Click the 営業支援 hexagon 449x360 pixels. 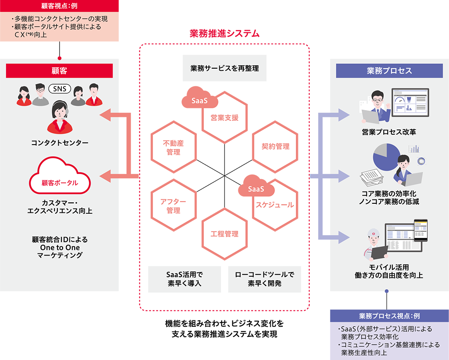224,117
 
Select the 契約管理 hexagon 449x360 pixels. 275,146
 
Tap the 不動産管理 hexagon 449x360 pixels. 174,147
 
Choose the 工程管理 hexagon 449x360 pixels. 224,234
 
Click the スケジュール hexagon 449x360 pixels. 275,205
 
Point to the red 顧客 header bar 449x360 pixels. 59,71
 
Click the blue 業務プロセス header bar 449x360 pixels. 389,71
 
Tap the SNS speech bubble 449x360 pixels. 60,88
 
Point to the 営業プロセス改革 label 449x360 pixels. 389,132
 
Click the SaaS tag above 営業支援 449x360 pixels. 200,100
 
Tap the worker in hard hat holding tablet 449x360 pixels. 375,245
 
